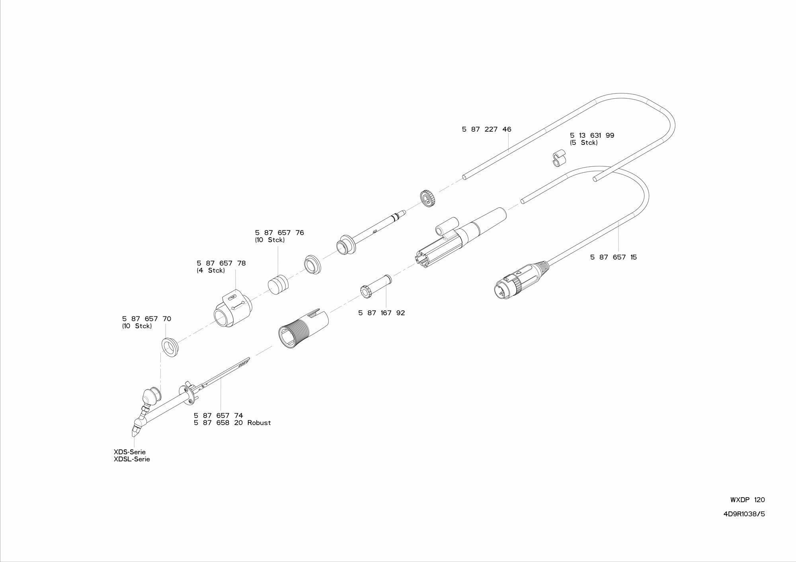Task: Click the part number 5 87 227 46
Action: click(x=486, y=129)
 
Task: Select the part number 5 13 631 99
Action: click(x=592, y=135)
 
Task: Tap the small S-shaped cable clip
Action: click(x=560, y=158)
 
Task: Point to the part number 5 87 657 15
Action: click(x=613, y=257)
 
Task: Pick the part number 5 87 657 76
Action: click(x=279, y=233)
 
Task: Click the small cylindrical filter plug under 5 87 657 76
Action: click(x=277, y=284)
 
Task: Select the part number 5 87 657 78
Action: click(x=221, y=263)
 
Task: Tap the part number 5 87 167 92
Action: click(x=381, y=313)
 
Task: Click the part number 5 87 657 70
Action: click(x=146, y=319)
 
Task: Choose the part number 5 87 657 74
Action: click(x=218, y=416)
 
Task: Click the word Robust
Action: click(x=259, y=423)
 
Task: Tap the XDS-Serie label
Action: click(x=129, y=452)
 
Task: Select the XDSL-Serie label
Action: click(x=132, y=459)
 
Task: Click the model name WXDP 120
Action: click(x=747, y=500)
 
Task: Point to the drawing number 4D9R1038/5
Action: click(x=744, y=514)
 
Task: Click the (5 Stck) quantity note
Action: click(x=583, y=142)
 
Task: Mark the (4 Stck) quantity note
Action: click(x=211, y=271)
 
